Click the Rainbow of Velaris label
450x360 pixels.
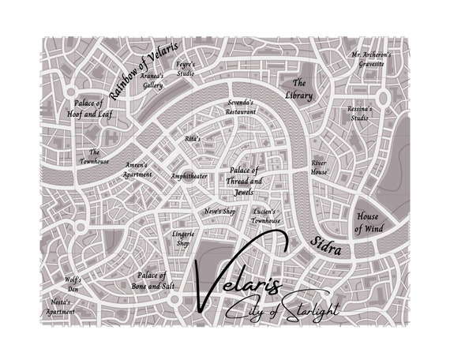144,68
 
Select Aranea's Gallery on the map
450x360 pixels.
152,81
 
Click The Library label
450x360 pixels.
299,88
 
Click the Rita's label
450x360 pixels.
193,138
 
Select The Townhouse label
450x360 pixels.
94,156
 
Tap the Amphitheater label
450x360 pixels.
189,176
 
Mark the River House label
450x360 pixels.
319,167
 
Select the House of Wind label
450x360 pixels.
368,223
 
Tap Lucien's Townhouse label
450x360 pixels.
265,216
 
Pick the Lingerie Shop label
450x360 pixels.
182,238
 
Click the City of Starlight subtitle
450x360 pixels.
282,311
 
